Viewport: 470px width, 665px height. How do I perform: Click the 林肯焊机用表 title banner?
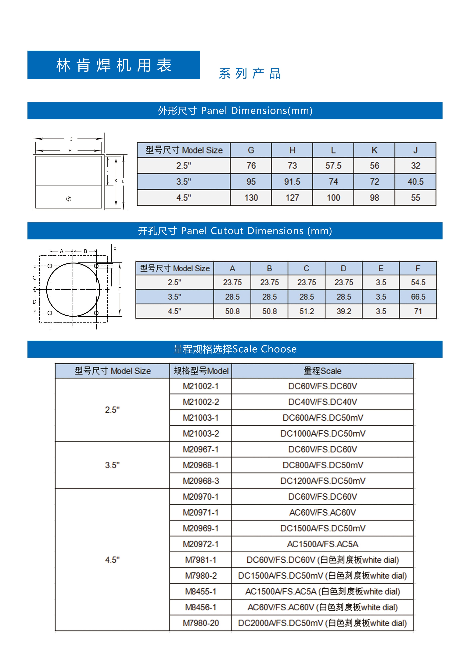pyautogui.click(x=113, y=65)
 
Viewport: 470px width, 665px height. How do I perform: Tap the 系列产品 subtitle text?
pyautogui.click(x=250, y=74)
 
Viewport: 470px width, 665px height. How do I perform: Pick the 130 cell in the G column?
pyautogui.click(x=251, y=198)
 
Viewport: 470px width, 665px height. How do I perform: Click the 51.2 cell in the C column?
pyautogui.click(x=307, y=311)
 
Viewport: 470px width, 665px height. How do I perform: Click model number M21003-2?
pyautogui.click(x=201, y=434)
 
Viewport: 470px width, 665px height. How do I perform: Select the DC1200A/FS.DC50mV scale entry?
pyautogui.click(x=322, y=481)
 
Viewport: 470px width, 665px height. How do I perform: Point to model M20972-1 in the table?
pyautogui.click(x=201, y=544)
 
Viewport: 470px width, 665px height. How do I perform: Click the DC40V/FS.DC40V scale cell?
pyautogui.click(x=322, y=402)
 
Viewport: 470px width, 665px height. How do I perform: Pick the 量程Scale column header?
pyautogui.click(x=322, y=371)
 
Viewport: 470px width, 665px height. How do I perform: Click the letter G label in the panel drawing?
pyautogui.click(x=71, y=139)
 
